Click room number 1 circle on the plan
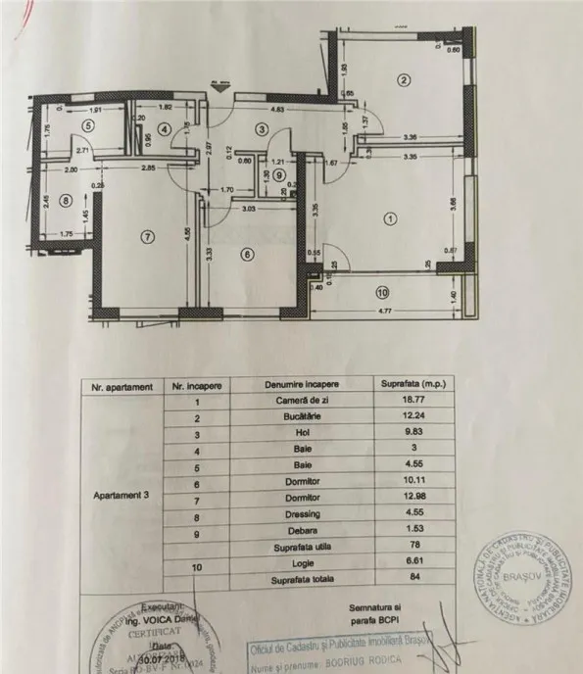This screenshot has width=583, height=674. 392,218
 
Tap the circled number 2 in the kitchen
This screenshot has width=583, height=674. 402,79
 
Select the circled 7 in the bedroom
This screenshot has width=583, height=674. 148,235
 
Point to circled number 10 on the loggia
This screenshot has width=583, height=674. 381,291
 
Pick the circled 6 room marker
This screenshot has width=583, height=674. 247,254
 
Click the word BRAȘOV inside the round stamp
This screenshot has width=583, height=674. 518,578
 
